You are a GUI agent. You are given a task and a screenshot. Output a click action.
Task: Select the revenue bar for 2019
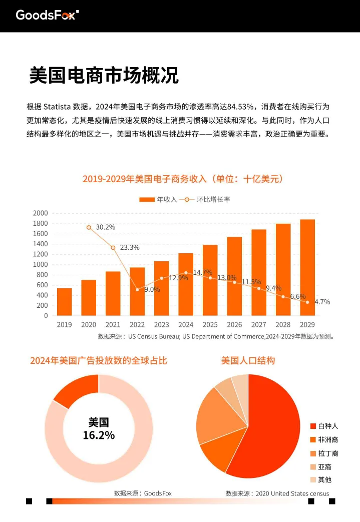(x=65, y=302)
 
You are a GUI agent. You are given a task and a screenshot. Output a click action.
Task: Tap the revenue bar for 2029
(x=307, y=268)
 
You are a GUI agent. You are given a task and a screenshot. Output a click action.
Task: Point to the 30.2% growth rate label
(x=106, y=227)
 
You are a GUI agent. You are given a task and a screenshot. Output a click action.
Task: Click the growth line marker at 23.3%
(x=113, y=248)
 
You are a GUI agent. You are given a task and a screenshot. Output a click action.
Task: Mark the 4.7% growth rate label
(x=322, y=302)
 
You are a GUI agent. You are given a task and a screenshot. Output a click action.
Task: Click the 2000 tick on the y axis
(x=40, y=213)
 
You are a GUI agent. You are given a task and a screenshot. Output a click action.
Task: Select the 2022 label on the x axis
(x=137, y=325)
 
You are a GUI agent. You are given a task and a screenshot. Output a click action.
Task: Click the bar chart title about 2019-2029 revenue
(x=183, y=179)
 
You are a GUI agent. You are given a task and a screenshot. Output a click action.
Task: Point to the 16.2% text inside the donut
(x=99, y=435)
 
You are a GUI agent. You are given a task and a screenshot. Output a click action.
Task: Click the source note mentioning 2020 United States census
(x=277, y=493)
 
